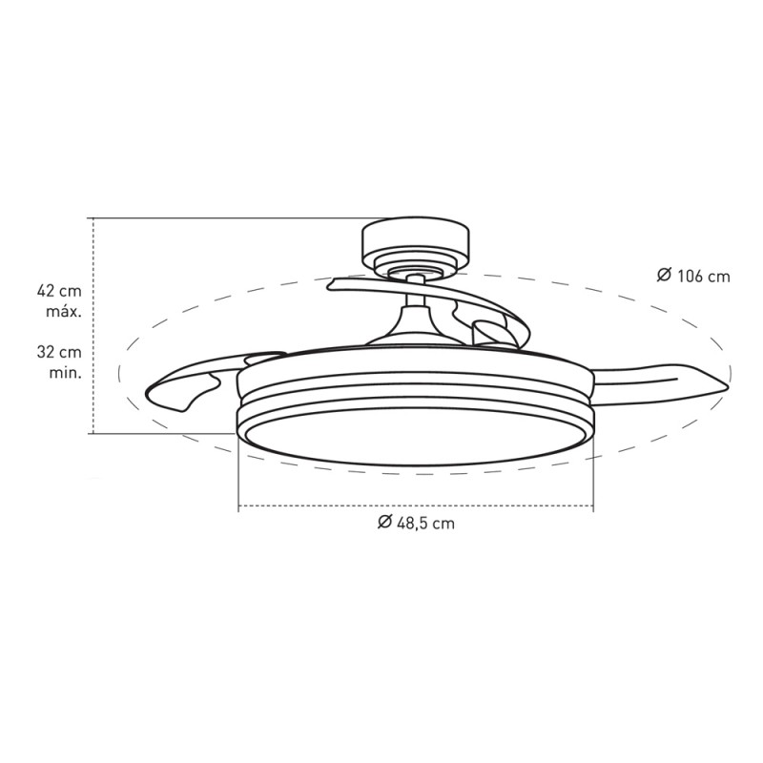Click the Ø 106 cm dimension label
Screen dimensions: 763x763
pos(693,276)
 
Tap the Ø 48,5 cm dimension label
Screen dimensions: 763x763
pos(416,523)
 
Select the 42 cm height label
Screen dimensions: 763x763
pos(59,291)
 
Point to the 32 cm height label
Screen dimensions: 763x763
pos(59,352)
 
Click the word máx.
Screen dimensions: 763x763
pos(64,312)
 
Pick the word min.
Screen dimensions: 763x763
pos(65,373)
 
